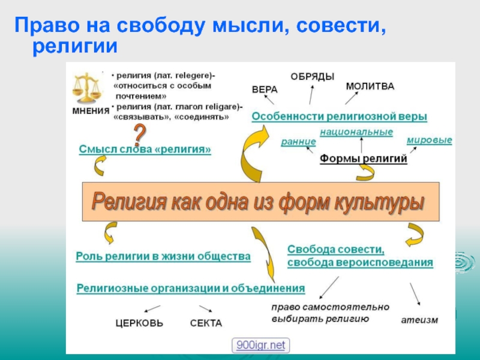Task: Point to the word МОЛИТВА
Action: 370,86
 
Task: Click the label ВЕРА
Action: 265,89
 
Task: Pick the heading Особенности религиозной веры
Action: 339,116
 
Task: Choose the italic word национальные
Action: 356,131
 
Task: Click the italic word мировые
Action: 429,140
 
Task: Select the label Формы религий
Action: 363,159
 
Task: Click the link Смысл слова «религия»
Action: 145,149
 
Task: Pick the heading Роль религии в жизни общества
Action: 163,256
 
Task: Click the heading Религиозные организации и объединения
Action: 191,288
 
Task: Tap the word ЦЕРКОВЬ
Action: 139,323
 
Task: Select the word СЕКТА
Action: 206,323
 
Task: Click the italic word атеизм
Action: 419,320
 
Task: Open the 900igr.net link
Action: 261,345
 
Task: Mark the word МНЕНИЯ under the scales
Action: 91,111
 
